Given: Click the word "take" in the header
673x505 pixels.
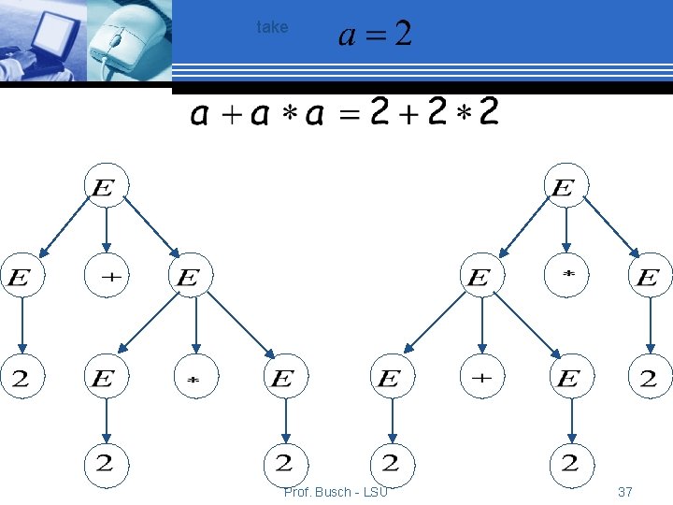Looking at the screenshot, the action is tap(272, 27).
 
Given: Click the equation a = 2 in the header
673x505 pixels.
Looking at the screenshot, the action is tap(374, 35).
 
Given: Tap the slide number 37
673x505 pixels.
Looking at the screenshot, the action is tap(624, 492).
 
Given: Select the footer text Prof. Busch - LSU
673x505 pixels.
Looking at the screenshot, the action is tap(336, 492).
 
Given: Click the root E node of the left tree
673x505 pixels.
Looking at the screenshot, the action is tap(106, 187).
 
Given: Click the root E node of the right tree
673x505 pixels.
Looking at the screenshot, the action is tap(564, 187).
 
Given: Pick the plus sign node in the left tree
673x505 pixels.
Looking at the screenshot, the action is tap(106, 277).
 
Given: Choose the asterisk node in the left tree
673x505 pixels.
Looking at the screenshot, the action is tap(195, 379).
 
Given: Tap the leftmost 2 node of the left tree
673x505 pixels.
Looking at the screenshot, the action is tap(21, 378).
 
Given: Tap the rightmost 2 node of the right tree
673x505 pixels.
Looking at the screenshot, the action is tap(649, 378).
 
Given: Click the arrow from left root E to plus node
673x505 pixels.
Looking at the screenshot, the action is tap(106, 232).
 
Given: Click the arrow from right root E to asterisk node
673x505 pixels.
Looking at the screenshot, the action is tap(565, 232).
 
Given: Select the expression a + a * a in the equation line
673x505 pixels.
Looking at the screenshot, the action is tap(258, 115).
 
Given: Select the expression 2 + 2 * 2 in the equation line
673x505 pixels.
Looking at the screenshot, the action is tap(435, 113).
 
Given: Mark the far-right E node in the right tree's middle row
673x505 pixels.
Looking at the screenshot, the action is tap(648, 277).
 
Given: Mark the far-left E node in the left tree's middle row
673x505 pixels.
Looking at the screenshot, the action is tap(21, 277).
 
